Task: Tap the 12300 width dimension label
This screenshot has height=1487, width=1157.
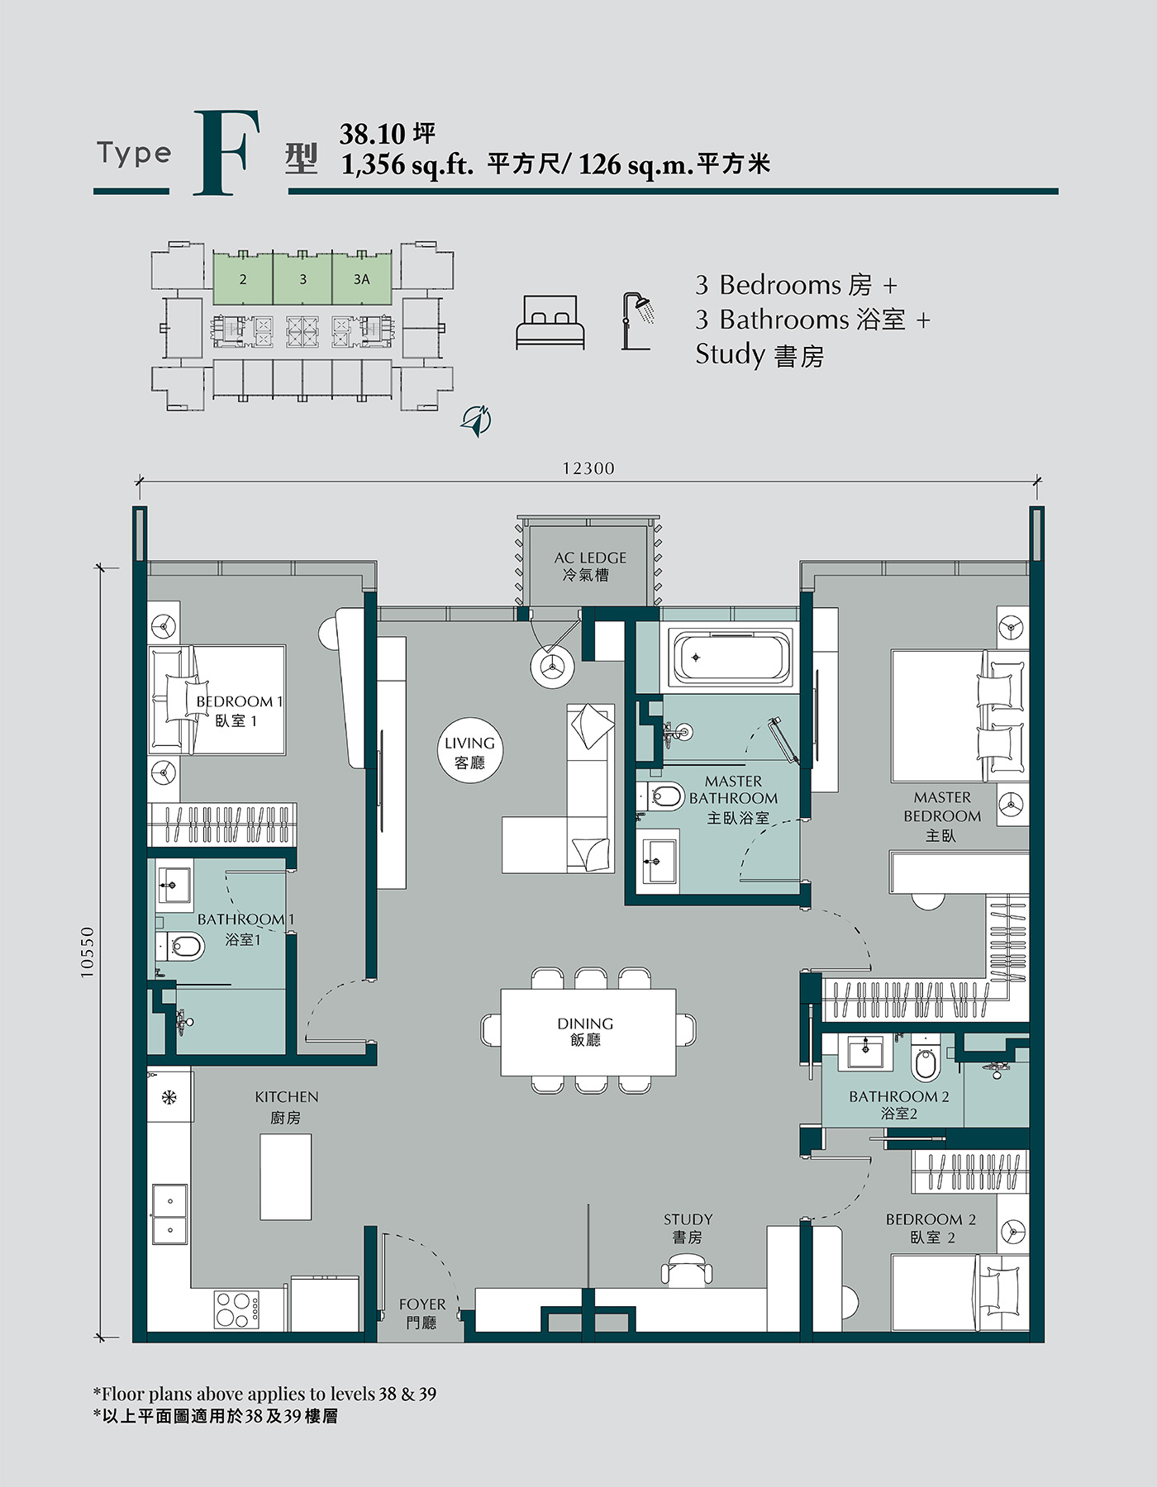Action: pos(588,468)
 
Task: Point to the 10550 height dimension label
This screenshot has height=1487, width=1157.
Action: pos(88,953)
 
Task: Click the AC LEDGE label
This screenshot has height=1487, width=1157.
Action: pos(590,558)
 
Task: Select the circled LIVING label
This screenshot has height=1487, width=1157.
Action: pos(469,751)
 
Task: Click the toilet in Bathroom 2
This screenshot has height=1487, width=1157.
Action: pos(925,1058)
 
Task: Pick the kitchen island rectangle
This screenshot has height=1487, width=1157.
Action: pos(286,1176)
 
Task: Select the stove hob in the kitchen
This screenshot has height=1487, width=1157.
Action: pos(237,1309)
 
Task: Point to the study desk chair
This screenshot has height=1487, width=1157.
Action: pos(687,1270)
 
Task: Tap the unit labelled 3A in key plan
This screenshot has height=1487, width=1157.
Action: pos(362,278)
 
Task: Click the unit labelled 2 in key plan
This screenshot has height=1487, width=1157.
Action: pos(243,278)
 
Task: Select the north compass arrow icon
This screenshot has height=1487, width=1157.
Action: pos(476,420)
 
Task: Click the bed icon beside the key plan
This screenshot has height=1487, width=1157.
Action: pos(550,322)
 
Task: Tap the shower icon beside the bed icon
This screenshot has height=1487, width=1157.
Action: pos(638,321)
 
